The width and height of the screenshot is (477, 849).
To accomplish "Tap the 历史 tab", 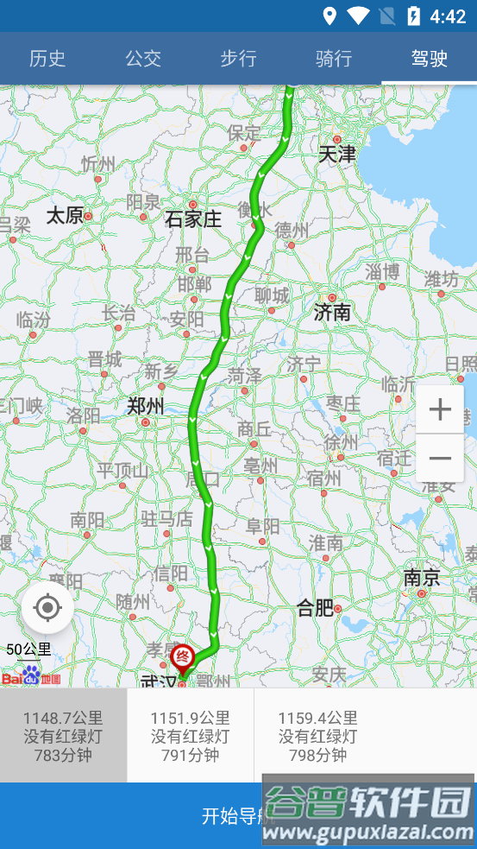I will click(x=47, y=59).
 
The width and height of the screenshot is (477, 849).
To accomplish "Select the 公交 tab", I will click(x=143, y=59).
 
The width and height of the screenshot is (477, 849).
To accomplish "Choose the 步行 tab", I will click(x=238, y=59).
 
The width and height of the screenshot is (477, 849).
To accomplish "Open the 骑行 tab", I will click(x=334, y=59).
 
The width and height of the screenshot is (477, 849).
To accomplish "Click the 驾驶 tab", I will click(x=429, y=59).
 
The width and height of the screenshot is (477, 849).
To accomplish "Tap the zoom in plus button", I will click(x=440, y=409).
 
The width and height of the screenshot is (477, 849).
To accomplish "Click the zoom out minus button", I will click(x=440, y=458).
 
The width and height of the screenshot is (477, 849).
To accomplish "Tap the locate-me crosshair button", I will click(x=47, y=608).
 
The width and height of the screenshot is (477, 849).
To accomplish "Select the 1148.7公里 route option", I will click(x=63, y=736).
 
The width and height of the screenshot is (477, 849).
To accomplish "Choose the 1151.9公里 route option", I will click(x=190, y=736).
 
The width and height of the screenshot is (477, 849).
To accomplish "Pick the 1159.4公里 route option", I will click(x=317, y=736).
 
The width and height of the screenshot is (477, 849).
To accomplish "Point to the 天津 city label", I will click(x=336, y=155).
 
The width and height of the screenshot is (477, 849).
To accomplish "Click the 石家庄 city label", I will click(x=193, y=219).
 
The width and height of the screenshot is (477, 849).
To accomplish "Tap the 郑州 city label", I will click(x=145, y=406).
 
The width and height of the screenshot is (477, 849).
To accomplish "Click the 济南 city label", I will click(x=332, y=312).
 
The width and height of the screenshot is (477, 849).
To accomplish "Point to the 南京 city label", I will click(x=422, y=578).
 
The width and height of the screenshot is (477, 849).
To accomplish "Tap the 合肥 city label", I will click(x=315, y=608).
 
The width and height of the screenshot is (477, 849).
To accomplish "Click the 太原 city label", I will click(x=65, y=215).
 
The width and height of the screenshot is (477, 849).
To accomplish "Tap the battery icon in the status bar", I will click(x=413, y=16).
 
